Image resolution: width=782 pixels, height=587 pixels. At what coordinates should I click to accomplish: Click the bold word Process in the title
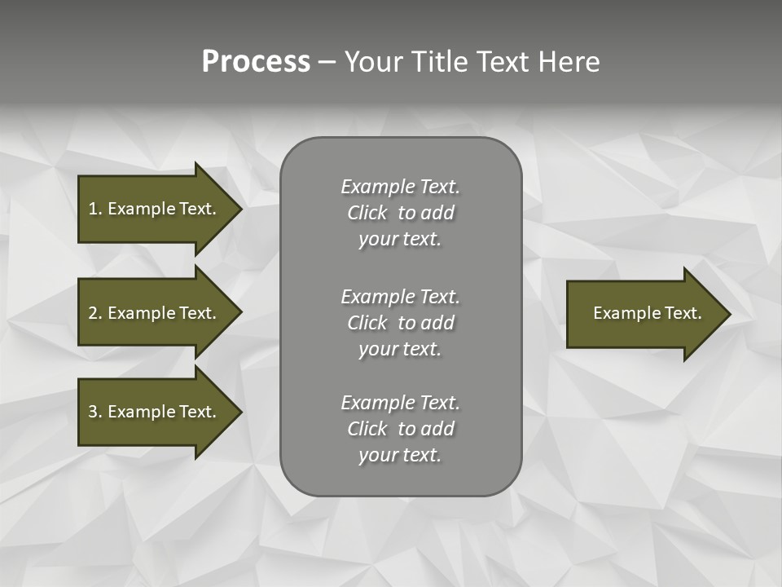[256, 62]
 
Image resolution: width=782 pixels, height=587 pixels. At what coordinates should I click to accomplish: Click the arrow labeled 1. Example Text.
[152, 209]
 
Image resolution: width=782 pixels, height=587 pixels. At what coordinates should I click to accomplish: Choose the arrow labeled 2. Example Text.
[152, 313]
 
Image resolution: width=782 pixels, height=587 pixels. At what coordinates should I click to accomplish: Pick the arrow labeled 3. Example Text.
[152, 412]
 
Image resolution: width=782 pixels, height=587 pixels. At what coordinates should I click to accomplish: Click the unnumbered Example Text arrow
[647, 313]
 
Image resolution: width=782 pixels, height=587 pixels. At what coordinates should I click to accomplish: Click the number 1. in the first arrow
[94, 209]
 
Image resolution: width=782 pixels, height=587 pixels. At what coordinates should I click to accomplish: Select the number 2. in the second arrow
[94, 313]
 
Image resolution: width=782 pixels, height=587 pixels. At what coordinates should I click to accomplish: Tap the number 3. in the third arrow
[94, 412]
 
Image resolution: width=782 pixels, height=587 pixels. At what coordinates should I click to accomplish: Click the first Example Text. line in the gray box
[400, 187]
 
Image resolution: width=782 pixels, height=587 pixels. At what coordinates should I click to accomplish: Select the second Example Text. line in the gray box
[400, 296]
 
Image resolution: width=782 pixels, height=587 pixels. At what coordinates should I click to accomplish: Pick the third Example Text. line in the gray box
[400, 403]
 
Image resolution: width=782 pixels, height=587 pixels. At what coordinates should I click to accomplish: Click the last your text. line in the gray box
[400, 455]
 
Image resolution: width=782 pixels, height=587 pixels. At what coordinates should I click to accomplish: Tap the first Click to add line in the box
[400, 213]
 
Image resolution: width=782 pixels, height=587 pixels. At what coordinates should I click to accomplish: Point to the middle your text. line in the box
[400, 349]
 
